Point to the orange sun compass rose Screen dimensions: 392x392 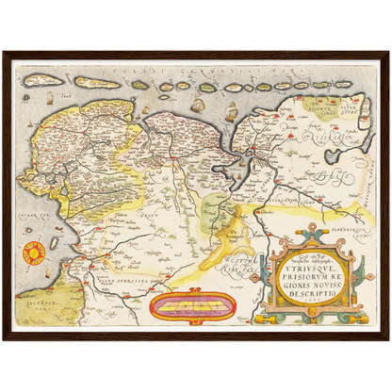(34, 252)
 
